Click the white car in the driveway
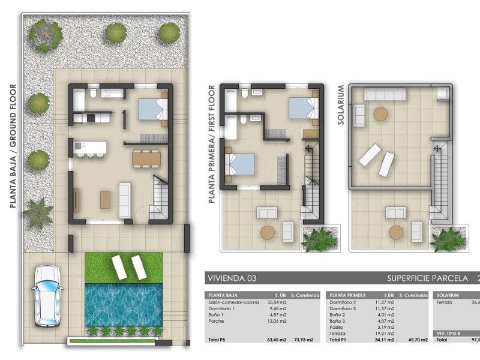tap(47, 296)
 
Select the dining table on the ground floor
tap(146, 158)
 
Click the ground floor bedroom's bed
tap(151, 109)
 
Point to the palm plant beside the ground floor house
tap(38, 213)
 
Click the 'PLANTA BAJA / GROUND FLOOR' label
tap(13, 144)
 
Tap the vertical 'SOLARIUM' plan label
tap(341, 104)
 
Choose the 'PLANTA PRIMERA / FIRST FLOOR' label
tap(211, 144)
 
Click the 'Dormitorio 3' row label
tap(343, 310)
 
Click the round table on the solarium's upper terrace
tap(381, 114)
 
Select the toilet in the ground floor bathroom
tap(92, 93)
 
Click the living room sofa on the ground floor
tap(125, 199)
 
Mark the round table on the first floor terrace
tap(268, 232)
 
